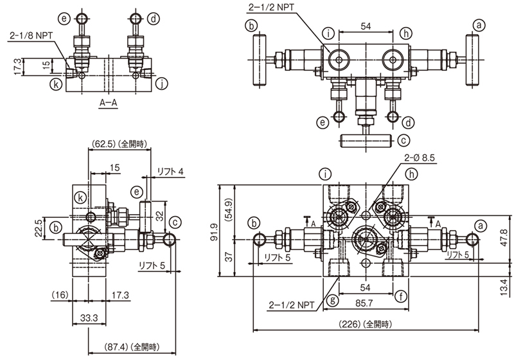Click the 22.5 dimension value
[39, 226]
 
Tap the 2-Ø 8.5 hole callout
[421, 157]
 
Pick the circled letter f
[402, 297]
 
